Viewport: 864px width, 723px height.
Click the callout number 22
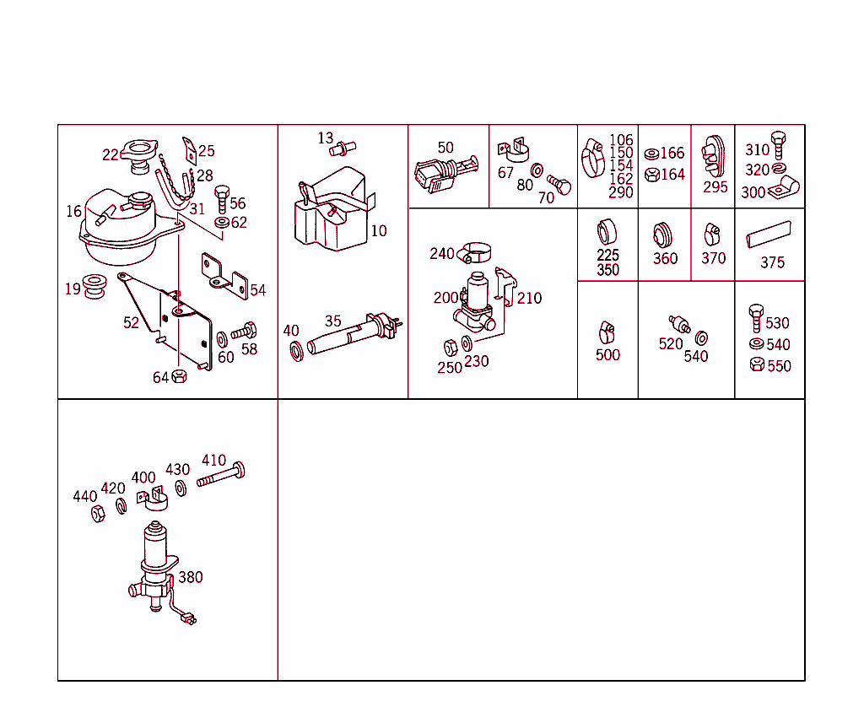(111, 154)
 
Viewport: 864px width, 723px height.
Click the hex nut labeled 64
(179, 376)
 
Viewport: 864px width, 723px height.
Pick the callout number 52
(131, 322)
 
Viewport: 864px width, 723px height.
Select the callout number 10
(379, 230)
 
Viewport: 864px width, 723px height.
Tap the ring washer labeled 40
(295, 349)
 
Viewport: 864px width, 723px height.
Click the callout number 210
(529, 298)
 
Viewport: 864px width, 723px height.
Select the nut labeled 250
(451, 346)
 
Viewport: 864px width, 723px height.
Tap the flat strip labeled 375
(769, 234)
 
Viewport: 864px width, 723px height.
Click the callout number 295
(715, 187)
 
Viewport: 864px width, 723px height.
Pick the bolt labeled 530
(755, 319)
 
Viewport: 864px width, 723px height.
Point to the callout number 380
(190, 577)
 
